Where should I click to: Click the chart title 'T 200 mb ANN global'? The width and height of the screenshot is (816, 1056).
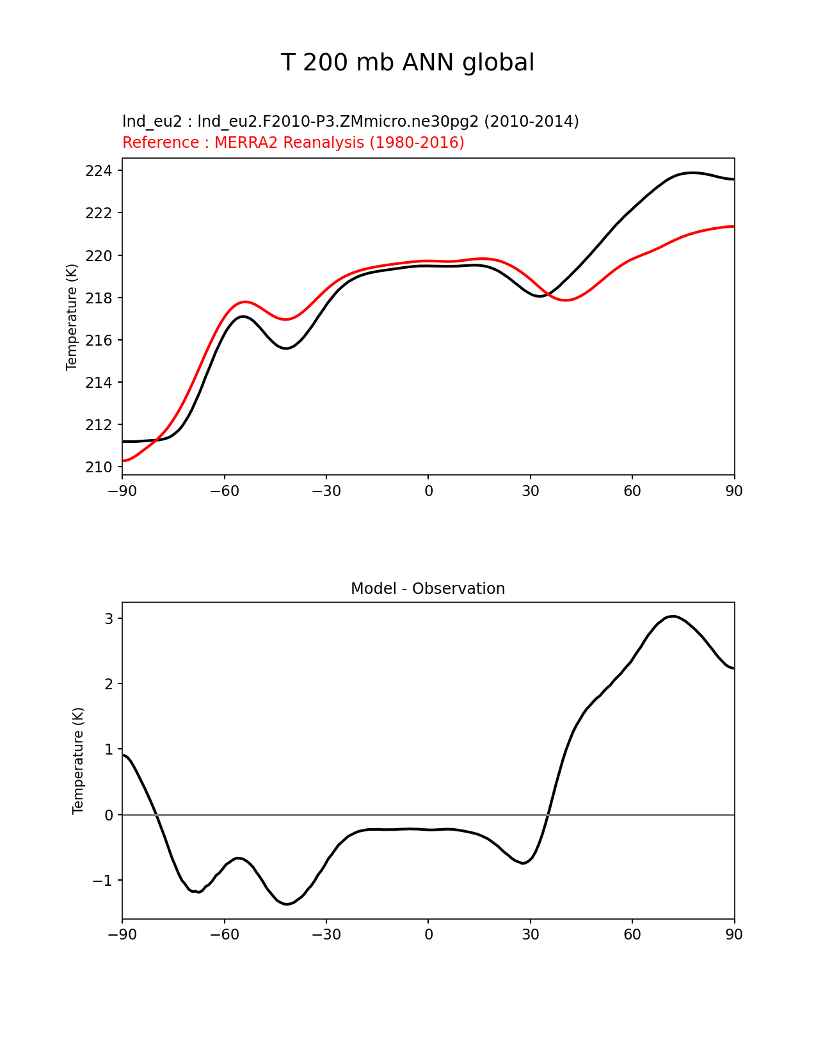(x=407, y=63)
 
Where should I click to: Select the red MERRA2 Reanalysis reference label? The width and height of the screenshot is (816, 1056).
(x=293, y=143)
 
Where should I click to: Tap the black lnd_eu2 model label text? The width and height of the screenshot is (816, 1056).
(x=350, y=122)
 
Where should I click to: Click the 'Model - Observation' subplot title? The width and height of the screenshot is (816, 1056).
(x=428, y=589)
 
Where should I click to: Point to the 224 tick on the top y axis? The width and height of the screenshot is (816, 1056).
(x=99, y=171)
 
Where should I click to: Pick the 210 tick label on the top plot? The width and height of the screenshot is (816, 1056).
(x=99, y=467)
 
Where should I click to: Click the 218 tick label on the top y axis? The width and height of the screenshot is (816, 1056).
(x=99, y=298)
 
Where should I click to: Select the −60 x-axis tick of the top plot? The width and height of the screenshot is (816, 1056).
(x=224, y=491)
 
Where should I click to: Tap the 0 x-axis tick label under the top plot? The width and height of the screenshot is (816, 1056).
(x=428, y=491)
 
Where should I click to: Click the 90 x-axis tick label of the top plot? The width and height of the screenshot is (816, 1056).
(x=734, y=491)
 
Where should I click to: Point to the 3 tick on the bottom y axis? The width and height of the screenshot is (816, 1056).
(x=109, y=619)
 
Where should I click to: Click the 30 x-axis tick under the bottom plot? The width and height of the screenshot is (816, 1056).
(x=530, y=934)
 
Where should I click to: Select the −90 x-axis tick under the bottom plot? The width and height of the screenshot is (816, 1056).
(x=122, y=934)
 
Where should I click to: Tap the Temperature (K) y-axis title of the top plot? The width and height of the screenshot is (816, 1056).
(x=72, y=317)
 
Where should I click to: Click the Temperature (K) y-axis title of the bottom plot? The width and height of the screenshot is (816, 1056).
(x=78, y=760)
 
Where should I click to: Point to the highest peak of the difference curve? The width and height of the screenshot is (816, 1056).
(x=673, y=616)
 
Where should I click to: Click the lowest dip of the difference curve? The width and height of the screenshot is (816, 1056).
(x=287, y=904)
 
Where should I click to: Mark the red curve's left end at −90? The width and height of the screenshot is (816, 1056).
(x=123, y=461)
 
